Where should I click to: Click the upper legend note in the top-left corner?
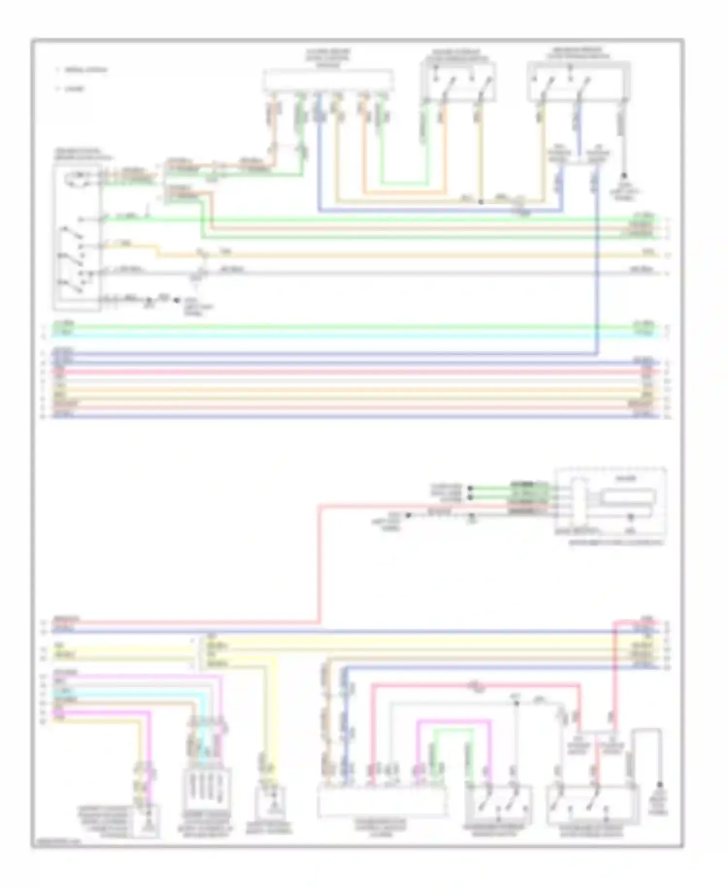point(85,70)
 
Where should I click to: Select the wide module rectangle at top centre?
point(328,80)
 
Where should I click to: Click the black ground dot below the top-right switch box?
point(624,175)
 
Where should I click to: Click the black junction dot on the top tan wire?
point(480,201)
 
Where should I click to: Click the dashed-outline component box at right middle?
point(611,502)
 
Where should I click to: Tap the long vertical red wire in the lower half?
point(319,563)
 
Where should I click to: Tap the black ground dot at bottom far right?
point(660,784)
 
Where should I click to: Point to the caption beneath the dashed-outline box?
point(616,542)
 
